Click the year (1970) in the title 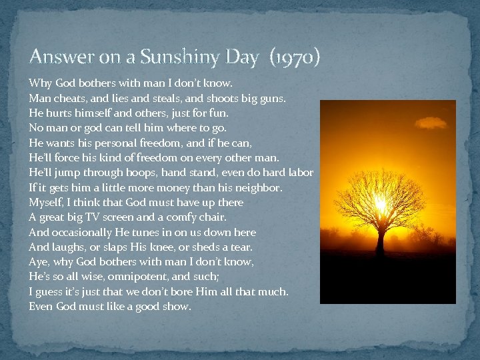click(295, 58)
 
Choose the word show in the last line click(177, 307)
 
